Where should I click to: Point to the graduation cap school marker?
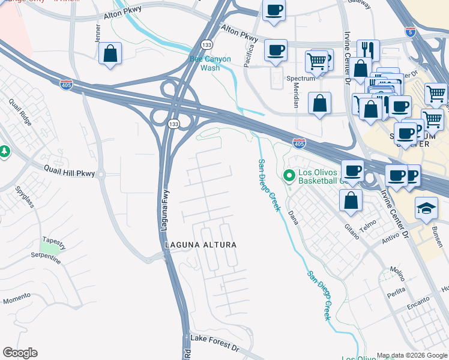click(x=427, y=208)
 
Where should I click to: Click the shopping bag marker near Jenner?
click(x=110, y=53)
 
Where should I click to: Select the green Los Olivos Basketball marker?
click(x=289, y=176)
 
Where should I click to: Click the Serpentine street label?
click(x=46, y=255)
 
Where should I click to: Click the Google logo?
click(x=20, y=353)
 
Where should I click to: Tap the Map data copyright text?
click(x=411, y=355)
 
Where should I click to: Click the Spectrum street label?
click(x=300, y=79)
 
